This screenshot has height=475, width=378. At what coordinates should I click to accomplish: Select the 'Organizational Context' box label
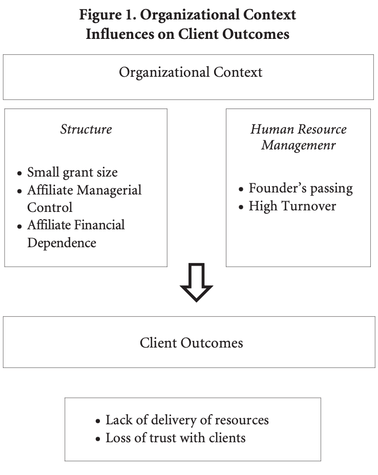point(191,72)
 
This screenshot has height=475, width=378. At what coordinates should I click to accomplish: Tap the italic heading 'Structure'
point(86,129)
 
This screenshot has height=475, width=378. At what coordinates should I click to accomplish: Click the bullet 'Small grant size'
point(72,172)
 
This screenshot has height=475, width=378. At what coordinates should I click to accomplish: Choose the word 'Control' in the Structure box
point(50,207)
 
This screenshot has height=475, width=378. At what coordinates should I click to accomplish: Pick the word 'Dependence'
point(61,243)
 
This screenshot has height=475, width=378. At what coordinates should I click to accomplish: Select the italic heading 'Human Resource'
point(298,129)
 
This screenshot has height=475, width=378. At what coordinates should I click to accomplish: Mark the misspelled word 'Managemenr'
point(298,145)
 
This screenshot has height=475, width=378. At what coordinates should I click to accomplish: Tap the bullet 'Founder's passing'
point(301,188)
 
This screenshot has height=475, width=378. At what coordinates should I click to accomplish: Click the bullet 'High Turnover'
point(292,206)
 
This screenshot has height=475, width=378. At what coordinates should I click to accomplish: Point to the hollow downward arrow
point(196,282)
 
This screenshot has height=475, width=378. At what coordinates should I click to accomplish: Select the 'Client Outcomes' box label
point(191,342)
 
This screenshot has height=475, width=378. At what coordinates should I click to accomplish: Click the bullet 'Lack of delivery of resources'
point(187,420)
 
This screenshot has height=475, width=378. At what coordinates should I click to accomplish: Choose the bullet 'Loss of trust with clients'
point(176,438)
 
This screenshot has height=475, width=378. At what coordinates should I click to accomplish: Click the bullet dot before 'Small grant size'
point(19,174)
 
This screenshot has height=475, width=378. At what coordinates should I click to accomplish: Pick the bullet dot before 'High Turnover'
point(241,207)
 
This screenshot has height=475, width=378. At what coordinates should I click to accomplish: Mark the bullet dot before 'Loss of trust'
point(98,439)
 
